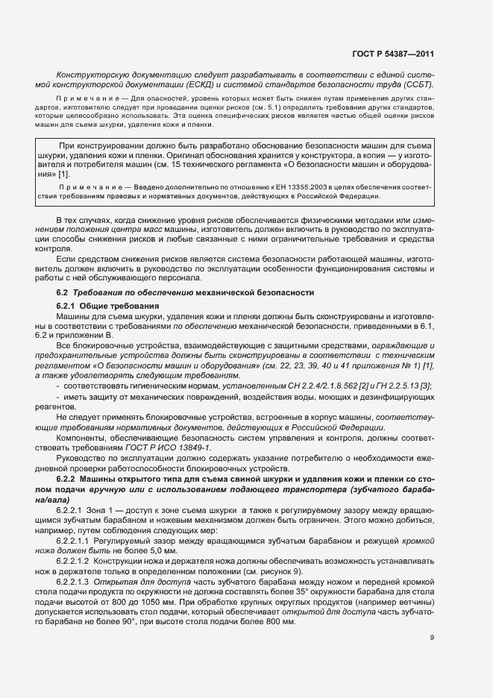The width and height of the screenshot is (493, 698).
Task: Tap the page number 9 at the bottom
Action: coord(432,638)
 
